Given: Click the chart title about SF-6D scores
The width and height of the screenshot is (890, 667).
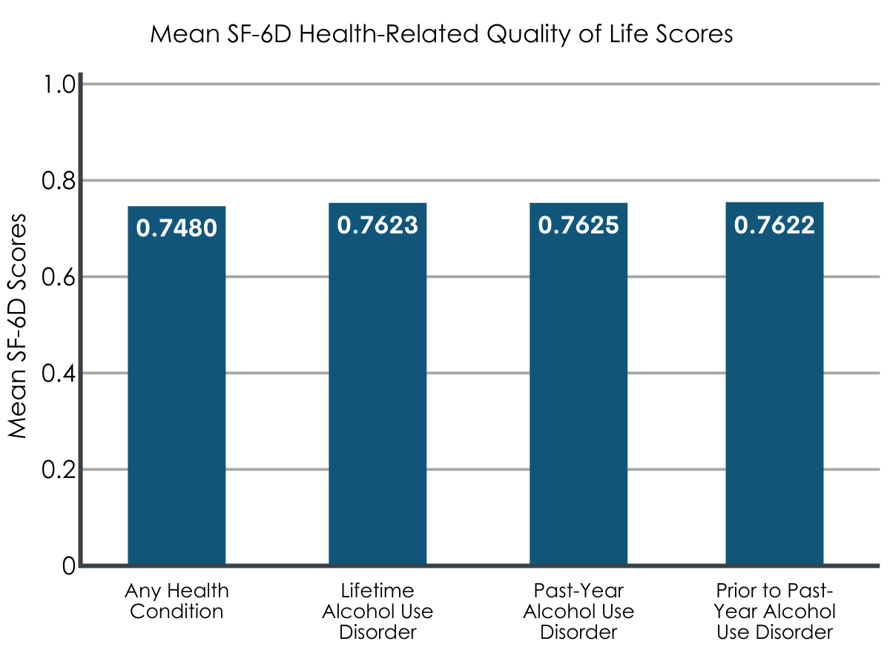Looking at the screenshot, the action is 441,34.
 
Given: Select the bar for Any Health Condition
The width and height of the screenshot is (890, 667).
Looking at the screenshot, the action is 177,385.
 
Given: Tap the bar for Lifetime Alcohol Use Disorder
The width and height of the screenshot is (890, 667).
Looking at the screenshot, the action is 378,384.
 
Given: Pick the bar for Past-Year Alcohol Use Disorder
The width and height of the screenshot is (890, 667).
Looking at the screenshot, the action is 578,384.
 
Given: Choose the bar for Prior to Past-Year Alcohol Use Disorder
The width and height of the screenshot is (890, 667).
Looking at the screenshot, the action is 774,383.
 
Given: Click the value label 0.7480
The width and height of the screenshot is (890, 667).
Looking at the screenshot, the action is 177,228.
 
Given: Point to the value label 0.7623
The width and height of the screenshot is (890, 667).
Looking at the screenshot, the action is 378,225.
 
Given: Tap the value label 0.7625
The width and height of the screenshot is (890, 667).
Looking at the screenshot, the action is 578,225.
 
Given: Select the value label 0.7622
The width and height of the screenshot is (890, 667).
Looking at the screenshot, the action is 774,225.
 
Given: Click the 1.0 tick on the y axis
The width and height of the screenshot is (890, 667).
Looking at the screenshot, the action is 59,84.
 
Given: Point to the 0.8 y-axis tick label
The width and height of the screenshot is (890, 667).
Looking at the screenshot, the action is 59,181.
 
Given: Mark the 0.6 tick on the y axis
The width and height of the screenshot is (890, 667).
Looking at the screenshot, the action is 59,277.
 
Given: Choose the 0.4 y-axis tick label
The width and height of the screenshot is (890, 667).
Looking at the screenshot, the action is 59,373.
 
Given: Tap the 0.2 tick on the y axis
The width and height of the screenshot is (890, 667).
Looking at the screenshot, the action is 59,469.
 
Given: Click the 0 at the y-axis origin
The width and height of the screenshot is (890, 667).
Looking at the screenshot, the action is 69,565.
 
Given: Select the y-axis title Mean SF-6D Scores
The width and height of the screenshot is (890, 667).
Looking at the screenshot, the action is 17,325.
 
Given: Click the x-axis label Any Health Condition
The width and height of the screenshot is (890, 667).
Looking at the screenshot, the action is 177,601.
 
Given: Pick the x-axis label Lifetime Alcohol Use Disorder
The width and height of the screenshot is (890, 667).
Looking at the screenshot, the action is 378,611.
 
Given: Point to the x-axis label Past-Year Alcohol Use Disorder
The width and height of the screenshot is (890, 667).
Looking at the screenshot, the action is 578,611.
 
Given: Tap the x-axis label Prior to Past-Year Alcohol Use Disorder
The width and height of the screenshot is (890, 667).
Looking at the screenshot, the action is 774,611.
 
